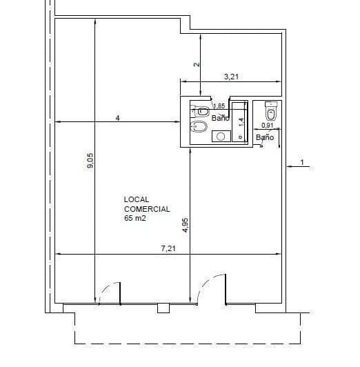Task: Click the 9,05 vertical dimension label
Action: click(x=90, y=161)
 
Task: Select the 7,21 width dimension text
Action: click(x=168, y=248)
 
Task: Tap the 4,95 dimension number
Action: click(x=186, y=225)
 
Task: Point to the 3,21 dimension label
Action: click(x=231, y=77)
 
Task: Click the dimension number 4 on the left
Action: click(x=118, y=118)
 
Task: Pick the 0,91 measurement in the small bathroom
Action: click(x=268, y=126)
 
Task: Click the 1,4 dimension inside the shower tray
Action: click(x=241, y=121)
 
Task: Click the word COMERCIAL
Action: click(x=147, y=209)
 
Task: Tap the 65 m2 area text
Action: click(x=135, y=218)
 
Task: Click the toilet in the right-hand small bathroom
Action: click(x=271, y=111)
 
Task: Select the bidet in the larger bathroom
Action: click(x=199, y=127)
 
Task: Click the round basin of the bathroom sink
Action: click(x=221, y=136)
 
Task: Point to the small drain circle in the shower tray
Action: click(x=240, y=137)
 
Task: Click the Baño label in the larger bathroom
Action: click(x=221, y=118)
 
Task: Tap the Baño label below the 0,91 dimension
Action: click(x=265, y=137)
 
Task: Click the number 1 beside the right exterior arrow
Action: click(x=302, y=162)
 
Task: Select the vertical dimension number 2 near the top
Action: click(x=197, y=64)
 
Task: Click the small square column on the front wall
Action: click(x=163, y=308)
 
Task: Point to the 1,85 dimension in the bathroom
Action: click(x=219, y=106)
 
